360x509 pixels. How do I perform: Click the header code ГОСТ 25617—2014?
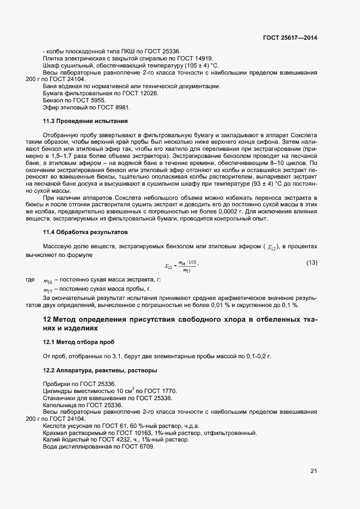coord(290,38)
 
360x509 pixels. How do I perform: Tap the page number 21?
coord(313,470)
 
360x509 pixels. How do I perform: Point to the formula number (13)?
coord(312,263)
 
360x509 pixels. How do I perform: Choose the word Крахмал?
coord(56,433)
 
